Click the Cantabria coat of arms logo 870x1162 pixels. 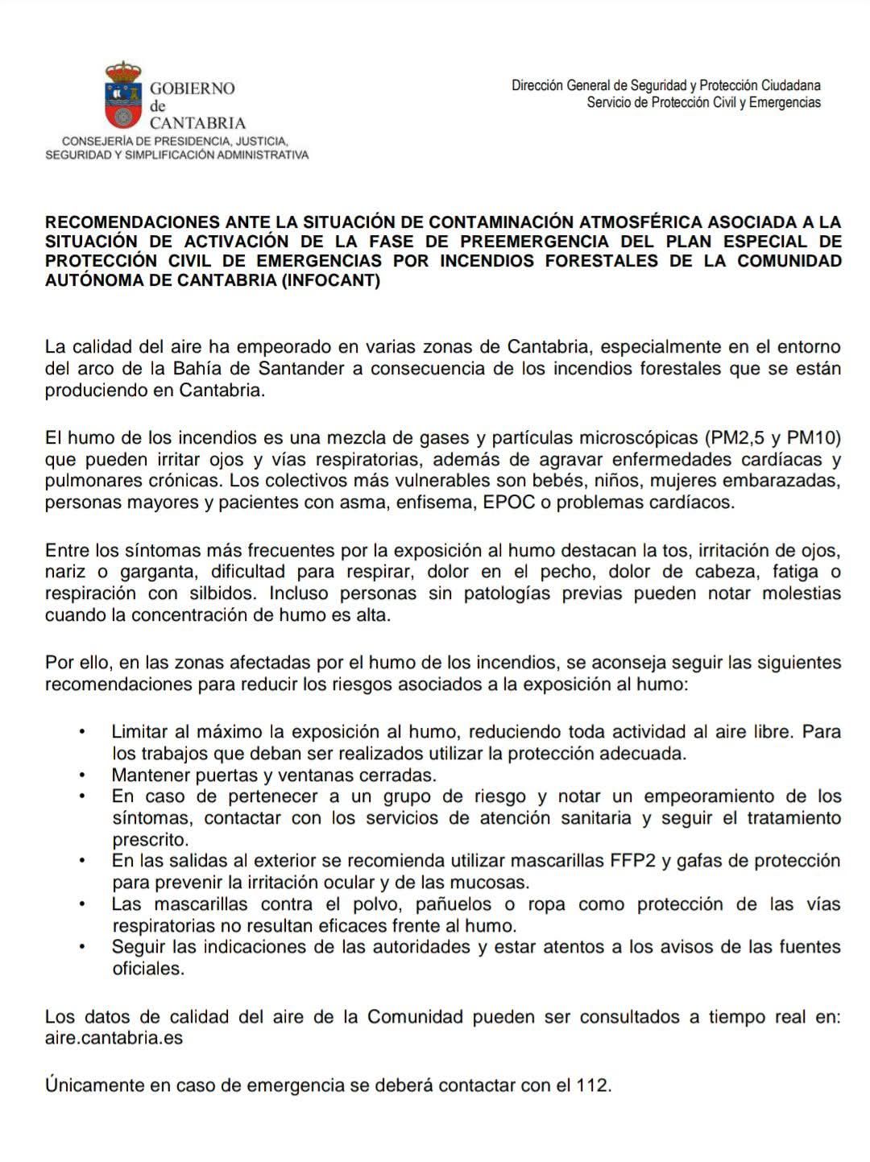(123, 96)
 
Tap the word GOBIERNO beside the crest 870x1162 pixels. (193, 89)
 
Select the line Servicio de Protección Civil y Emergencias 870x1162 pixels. (703, 102)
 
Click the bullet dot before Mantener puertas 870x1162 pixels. (82, 775)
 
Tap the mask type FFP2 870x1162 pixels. (631, 860)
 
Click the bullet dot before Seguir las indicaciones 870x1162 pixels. (82, 947)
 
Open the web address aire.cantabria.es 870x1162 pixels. (114, 1038)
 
